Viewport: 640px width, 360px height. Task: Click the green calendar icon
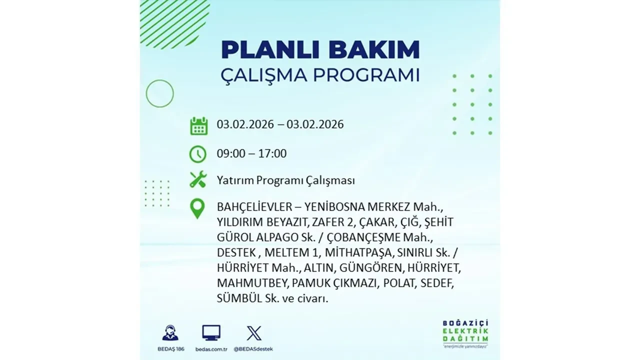tap(198, 125)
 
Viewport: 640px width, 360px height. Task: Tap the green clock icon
tap(198, 153)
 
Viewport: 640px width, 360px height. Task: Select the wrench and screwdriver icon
tap(198, 179)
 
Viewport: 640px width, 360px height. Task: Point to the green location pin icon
tap(198, 208)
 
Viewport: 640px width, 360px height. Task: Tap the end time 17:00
tap(273, 153)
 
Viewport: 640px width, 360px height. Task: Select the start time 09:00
tap(231, 153)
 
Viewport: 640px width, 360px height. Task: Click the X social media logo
tap(254, 333)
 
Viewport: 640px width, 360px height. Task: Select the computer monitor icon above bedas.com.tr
tap(211, 333)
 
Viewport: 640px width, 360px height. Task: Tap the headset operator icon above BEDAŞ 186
tap(170, 333)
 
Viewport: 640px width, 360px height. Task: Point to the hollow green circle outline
tap(159, 93)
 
